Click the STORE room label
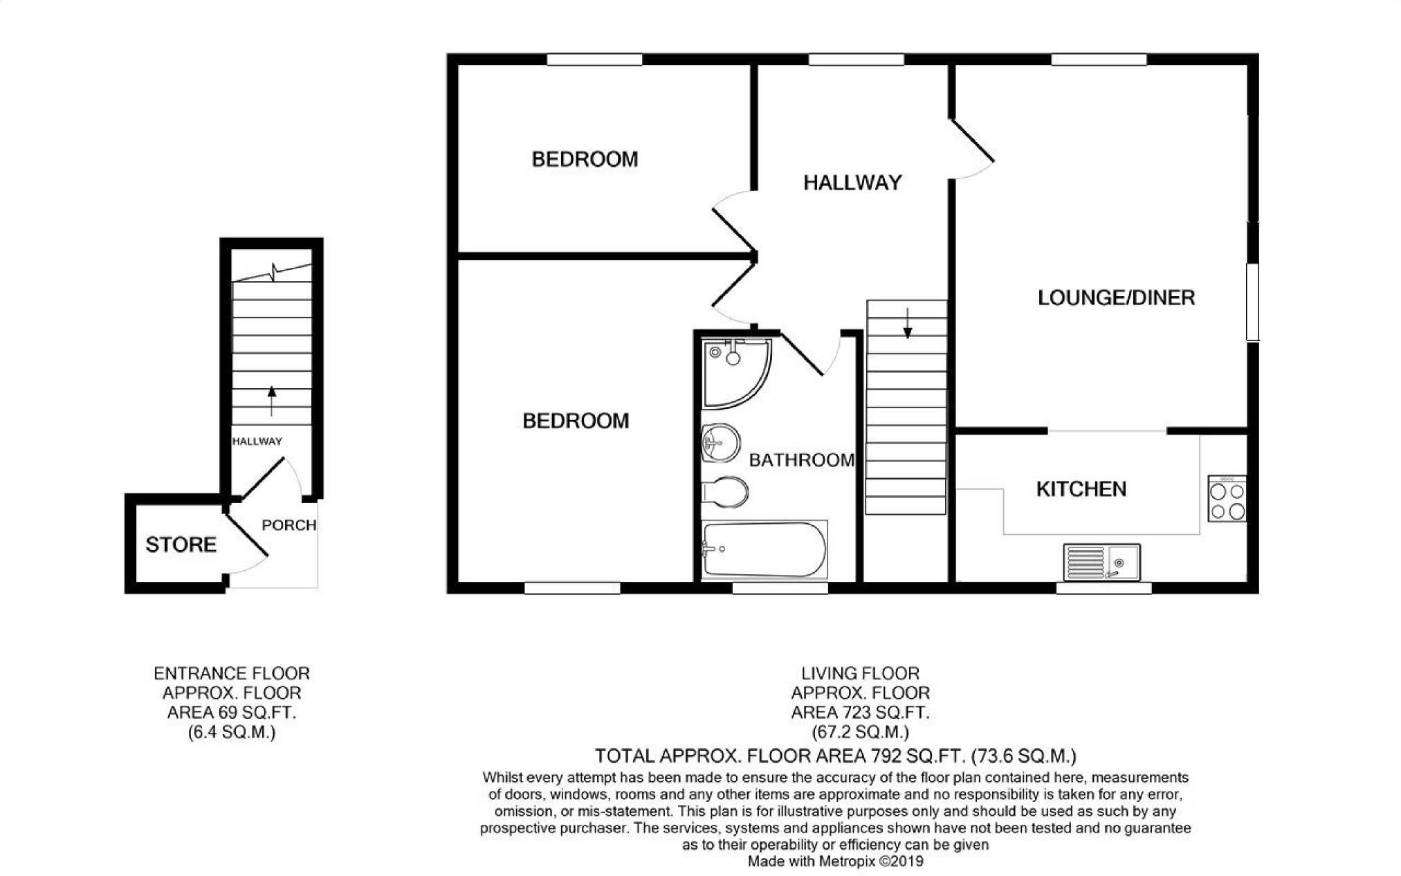[x=181, y=545]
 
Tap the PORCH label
[x=289, y=525]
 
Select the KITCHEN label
[x=1081, y=489]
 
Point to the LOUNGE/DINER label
[x=1116, y=298]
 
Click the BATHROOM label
[x=802, y=460]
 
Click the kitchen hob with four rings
[x=1227, y=498]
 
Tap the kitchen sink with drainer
[x=1101, y=562]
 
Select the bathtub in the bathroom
[x=764, y=549]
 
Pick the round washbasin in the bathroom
[x=721, y=442]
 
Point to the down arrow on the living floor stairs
[x=908, y=322]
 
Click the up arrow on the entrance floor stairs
[x=271, y=401]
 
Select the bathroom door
[x=811, y=354]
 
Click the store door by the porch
[x=246, y=539]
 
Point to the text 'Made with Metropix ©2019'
[x=836, y=861]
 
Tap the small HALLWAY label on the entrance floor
[x=257, y=441]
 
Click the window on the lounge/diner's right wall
[x=1252, y=302]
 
